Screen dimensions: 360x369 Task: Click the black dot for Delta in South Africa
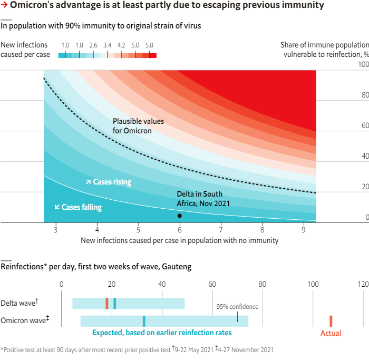click(x=180, y=216)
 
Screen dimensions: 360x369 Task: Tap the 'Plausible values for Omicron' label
click(x=138, y=126)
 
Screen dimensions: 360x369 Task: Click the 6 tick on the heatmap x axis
click(x=180, y=230)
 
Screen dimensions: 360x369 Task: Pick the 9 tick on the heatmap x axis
click(x=303, y=230)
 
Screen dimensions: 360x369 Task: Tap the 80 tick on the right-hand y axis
click(x=363, y=95)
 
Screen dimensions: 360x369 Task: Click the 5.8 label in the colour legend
click(x=149, y=45)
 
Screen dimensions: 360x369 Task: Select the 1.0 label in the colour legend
click(x=65, y=45)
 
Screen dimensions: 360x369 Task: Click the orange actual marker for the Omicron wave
click(x=331, y=321)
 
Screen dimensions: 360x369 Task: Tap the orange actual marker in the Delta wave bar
click(x=106, y=303)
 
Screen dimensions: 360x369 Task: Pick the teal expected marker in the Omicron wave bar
click(x=144, y=321)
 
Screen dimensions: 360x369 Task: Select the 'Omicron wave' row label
click(x=23, y=320)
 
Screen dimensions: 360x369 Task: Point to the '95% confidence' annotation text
click(x=238, y=306)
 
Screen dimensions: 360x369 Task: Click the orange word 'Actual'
click(x=331, y=333)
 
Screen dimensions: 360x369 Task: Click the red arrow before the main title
click(x=5, y=6)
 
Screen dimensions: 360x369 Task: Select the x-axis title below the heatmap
click(x=179, y=240)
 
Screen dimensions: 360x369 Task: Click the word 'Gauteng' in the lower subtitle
click(x=177, y=267)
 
